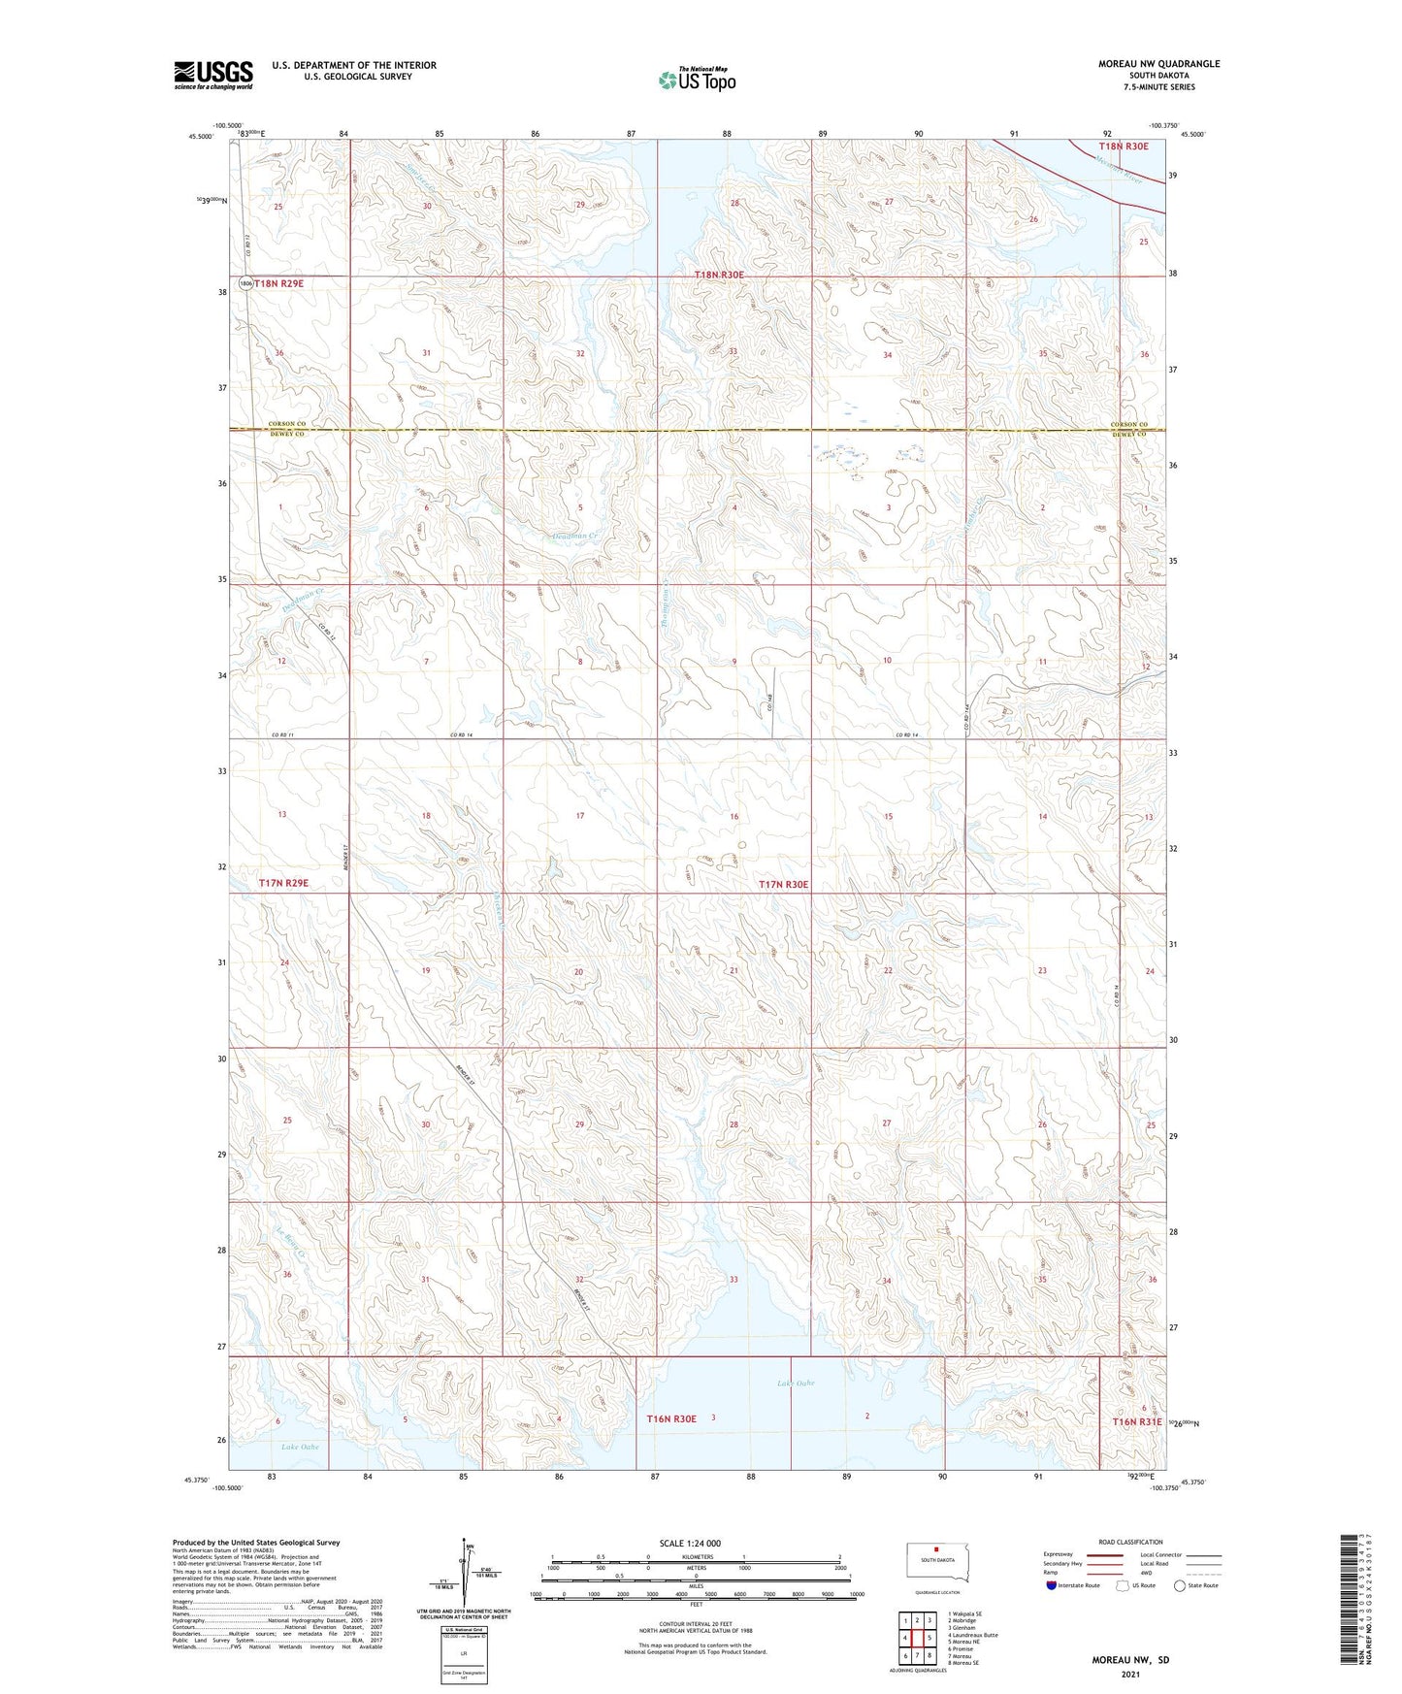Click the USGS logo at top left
pyautogui.click(x=213, y=75)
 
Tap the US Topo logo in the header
pyautogui.click(x=697, y=80)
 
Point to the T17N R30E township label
pyautogui.click(x=782, y=884)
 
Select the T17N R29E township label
pyautogui.click(x=283, y=883)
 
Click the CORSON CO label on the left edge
pyautogui.click(x=287, y=425)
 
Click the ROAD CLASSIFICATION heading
pyautogui.click(x=1131, y=1542)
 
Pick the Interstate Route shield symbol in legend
pyautogui.click(x=1052, y=1584)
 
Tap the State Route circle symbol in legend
pyautogui.click(x=1180, y=1584)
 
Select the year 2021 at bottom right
pyautogui.click(x=1130, y=1675)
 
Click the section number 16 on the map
pyautogui.click(x=734, y=816)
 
